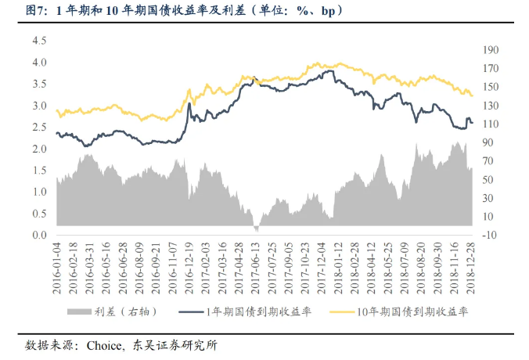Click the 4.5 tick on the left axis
pos(39,40)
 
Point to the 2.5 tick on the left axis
pos(39,127)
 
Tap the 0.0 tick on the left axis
pos(39,235)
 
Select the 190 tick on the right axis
pos(491,49)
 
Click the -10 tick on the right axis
pos(491,235)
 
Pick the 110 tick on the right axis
pos(491,124)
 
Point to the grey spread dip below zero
pos(256,229)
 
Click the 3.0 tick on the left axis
pos(39,105)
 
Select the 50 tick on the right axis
pos(491,179)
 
